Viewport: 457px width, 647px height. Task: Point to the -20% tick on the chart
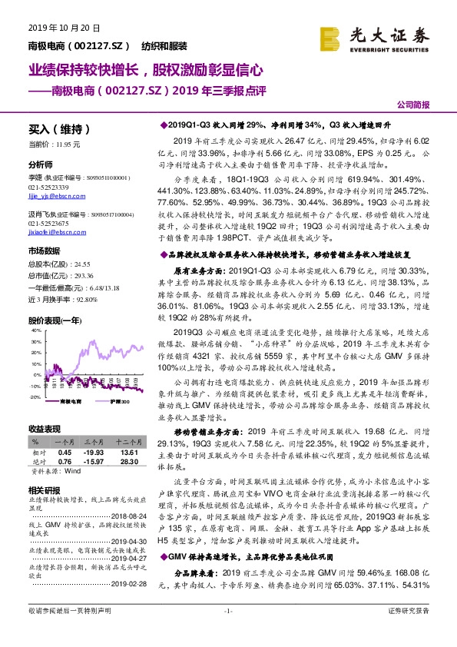tap(35, 397)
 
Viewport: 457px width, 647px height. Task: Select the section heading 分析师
tap(40, 165)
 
